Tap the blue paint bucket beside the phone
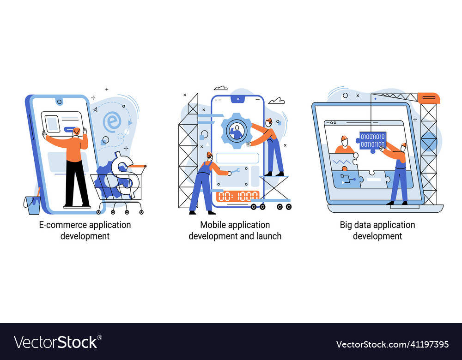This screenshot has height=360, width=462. pyautogui.click(x=32, y=204)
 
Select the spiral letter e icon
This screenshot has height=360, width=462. pyautogui.click(x=112, y=121)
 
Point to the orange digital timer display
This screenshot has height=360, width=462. pyautogui.click(x=238, y=196)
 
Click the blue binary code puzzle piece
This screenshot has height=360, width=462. pyautogui.click(x=372, y=141)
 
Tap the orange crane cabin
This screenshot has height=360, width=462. pyautogui.click(x=429, y=98)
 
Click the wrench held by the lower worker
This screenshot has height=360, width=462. pyautogui.click(x=236, y=171)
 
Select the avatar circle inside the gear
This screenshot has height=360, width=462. pyautogui.click(x=236, y=130)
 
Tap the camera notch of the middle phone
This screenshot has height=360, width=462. pyautogui.click(x=237, y=99)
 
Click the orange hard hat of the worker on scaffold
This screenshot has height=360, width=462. pyautogui.click(x=269, y=120)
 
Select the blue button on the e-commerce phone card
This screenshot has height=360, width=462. pyautogui.click(x=70, y=129)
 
